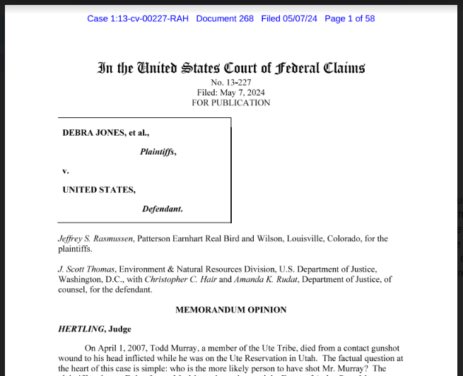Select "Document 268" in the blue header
coord(225,18)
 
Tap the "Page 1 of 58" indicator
coord(349,18)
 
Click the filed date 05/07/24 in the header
coord(301,18)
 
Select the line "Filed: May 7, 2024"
coord(231,93)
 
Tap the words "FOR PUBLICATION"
coord(231,102)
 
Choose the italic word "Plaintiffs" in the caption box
coord(157,151)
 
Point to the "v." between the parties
coord(66,170)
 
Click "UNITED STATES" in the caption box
coord(99,189)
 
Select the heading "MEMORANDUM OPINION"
coord(231,310)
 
